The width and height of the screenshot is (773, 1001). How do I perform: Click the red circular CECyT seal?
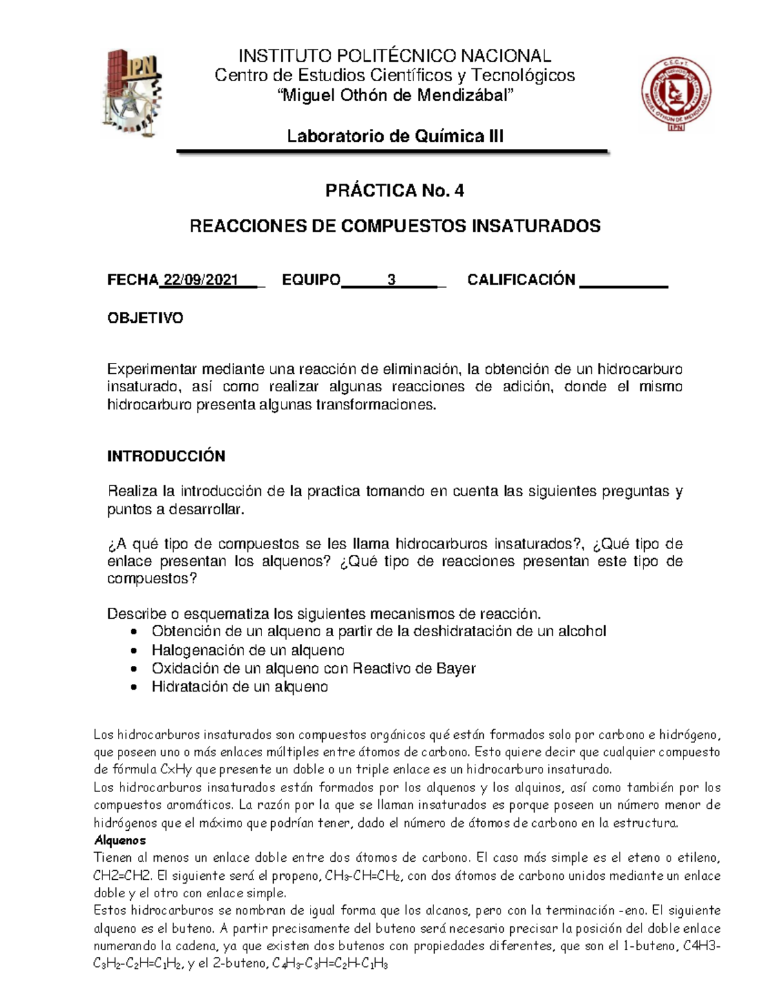(x=676, y=94)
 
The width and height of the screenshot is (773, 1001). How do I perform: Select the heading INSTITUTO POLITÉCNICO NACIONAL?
(x=394, y=56)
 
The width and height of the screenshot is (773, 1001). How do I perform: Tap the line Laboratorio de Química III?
(x=395, y=136)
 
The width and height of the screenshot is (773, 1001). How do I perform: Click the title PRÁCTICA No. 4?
(x=394, y=191)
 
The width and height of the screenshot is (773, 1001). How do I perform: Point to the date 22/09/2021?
(x=200, y=280)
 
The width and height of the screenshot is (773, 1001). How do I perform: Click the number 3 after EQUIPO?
(x=391, y=280)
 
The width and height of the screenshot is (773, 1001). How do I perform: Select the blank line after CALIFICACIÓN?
(x=624, y=281)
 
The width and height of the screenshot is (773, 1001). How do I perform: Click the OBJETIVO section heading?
(x=145, y=318)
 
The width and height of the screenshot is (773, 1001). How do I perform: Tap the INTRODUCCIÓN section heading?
(x=166, y=456)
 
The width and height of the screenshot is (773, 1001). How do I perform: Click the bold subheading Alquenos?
(x=120, y=841)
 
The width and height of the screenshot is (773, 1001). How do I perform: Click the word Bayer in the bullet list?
(x=455, y=668)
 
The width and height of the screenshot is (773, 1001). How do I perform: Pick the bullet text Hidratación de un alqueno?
(x=240, y=686)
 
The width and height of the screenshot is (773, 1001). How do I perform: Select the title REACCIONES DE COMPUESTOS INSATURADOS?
(x=394, y=226)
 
